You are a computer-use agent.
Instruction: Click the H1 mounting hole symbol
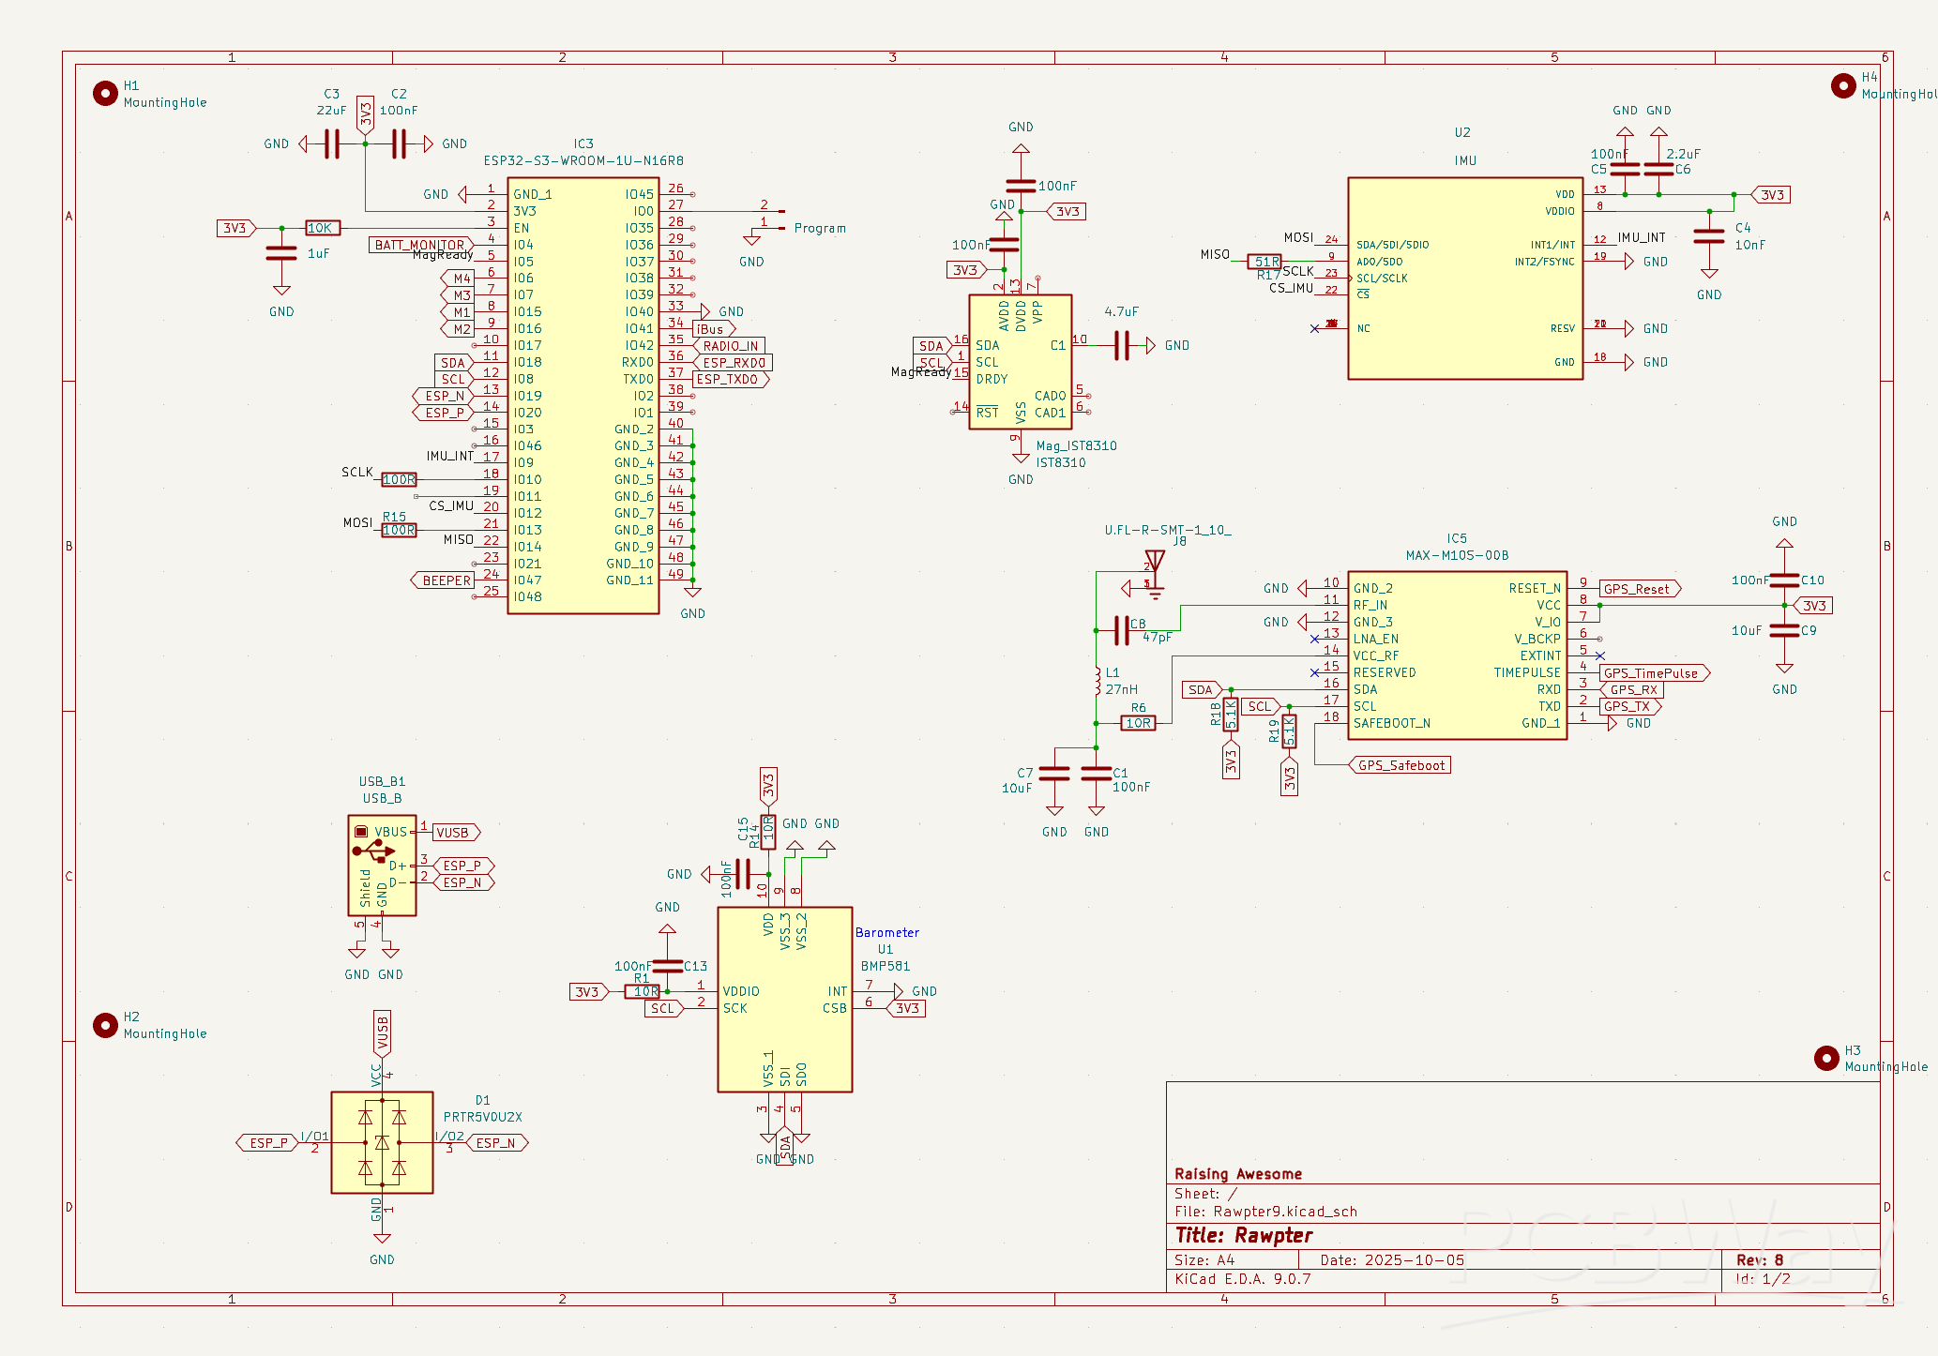coord(105,93)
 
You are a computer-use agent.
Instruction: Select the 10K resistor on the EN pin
coord(322,228)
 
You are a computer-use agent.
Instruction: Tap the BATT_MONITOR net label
coord(419,245)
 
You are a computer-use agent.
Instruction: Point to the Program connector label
coord(819,228)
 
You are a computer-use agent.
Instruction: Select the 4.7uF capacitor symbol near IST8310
coord(1122,345)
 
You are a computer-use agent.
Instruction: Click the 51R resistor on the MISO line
coord(1265,262)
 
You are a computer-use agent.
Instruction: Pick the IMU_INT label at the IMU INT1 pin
coord(1641,237)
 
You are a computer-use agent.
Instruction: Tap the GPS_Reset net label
coord(1637,589)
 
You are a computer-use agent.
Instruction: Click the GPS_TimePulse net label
coord(1651,673)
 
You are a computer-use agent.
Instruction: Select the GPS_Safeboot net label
coord(1401,765)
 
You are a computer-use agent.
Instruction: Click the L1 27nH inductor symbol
coord(1097,682)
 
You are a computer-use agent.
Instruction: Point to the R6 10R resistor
coord(1138,723)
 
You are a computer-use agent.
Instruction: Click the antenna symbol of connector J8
coord(1155,561)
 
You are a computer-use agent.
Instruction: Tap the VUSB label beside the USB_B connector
coord(453,833)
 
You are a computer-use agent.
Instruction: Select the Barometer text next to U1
coord(886,932)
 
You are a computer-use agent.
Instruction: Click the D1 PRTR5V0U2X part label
coord(482,1117)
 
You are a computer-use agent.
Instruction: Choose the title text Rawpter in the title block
coord(1273,1235)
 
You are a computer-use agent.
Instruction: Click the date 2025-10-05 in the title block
coord(1414,1259)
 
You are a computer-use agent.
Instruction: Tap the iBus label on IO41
coord(711,329)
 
